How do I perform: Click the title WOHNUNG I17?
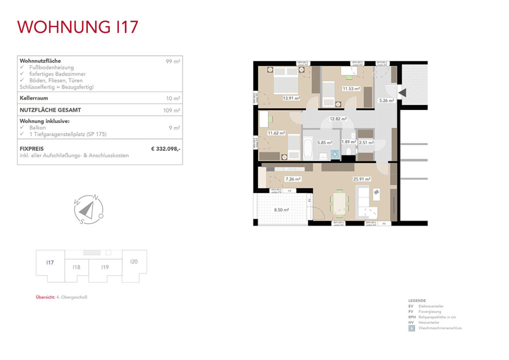click(x=78, y=27)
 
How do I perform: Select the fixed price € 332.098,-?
click(x=166, y=148)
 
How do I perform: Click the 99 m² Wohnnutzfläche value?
click(x=173, y=61)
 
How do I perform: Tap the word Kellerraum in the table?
click(x=34, y=98)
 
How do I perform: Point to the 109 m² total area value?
click(x=171, y=110)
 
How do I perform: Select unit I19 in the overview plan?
click(x=105, y=268)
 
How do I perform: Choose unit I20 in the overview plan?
click(x=134, y=262)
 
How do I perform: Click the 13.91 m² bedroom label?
click(x=291, y=98)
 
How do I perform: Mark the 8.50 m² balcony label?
click(x=281, y=210)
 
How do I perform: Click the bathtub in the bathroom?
click(x=308, y=148)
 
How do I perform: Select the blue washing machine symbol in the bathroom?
click(x=335, y=155)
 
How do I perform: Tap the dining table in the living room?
click(x=340, y=203)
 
